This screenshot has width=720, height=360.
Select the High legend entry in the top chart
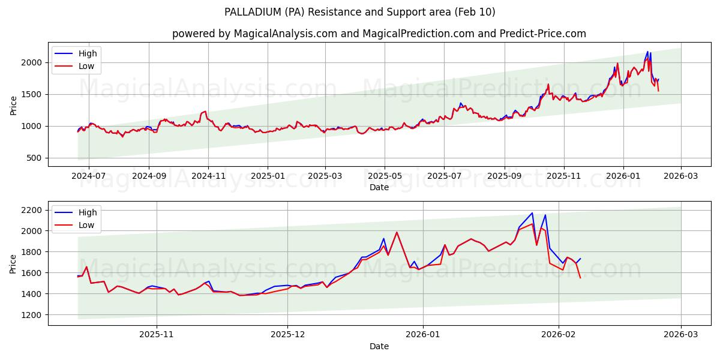click(87, 53)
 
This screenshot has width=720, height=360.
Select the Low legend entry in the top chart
click(86, 66)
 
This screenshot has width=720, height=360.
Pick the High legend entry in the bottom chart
click(87, 212)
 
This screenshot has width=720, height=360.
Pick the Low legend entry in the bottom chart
click(86, 224)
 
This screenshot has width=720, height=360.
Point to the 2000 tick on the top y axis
click(31, 62)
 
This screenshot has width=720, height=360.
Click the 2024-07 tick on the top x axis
click(89, 176)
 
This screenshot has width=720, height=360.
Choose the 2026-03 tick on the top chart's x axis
click(680, 176)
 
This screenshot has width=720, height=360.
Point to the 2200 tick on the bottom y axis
click(31, 210)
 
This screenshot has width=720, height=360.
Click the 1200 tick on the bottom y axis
click(31, 314)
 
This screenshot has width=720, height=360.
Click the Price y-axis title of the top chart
click(14, 104)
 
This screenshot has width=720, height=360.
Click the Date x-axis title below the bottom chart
click(379, 346)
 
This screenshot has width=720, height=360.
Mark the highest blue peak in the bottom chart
click(532, 212)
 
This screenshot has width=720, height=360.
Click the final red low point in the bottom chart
click(580, 278)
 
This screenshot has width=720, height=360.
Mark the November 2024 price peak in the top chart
click(205, 111)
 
